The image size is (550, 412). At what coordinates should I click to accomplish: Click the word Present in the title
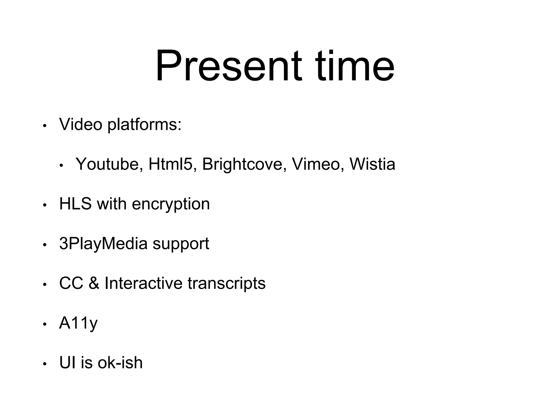click(229, 66)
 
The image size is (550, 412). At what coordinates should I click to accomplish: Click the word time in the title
click(355, 66)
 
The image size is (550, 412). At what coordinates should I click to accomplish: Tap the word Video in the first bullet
click(81, 124)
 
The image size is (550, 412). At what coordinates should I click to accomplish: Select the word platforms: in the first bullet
click(144, 126)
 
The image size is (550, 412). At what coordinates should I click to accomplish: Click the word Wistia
click(372, 164)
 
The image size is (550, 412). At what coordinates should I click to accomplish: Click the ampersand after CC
click(94, 283)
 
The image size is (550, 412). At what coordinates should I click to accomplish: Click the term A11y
click(78, 323)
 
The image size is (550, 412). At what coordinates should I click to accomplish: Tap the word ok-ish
click(120, 363)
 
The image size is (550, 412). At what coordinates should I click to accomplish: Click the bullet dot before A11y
click(45, 325)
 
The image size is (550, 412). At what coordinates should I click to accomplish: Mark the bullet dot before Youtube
click(61, 166)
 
